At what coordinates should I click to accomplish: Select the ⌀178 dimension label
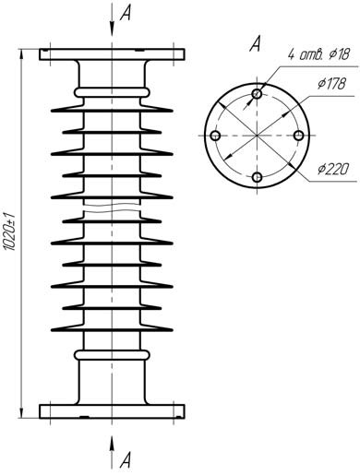(331, 84)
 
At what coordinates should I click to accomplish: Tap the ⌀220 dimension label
(333, 169)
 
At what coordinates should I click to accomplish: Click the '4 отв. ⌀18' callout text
(318, 54)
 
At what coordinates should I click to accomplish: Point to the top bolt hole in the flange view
(257, 93)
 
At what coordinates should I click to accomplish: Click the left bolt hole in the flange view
(215, 136)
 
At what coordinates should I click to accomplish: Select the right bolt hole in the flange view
(299, 136)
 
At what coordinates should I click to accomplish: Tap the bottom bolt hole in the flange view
(257, 177)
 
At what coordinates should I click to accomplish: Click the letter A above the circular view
(255, 43)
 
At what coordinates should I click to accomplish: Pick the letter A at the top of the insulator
(126, 13)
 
